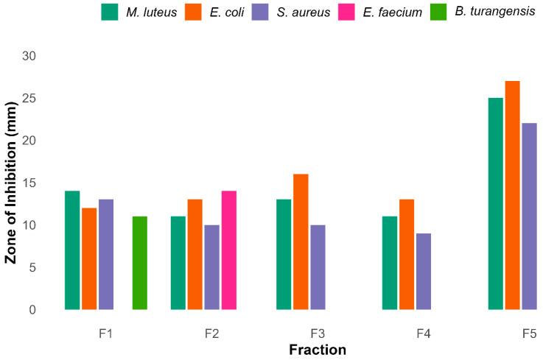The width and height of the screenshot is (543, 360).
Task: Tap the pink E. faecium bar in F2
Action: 228,250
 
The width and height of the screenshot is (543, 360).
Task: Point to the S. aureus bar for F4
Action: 424,272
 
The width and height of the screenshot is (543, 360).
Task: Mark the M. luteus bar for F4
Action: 390,263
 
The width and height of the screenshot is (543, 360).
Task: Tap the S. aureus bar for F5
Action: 529,216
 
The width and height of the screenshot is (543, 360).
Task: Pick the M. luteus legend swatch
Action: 111,13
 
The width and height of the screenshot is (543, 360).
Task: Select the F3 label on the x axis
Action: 318,334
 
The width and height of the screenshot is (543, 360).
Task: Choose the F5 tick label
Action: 529,334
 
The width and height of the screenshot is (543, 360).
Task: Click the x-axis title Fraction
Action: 318,349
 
